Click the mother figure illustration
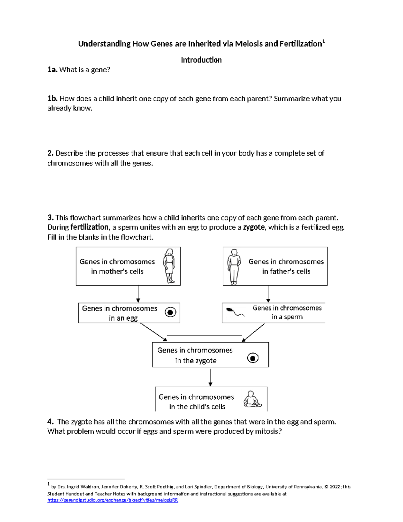tap(169, 266)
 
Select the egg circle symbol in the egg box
tap(171, 312)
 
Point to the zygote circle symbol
tap(253, 358)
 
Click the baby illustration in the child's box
tap(252, 399)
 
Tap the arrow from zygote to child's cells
tap(210, 377)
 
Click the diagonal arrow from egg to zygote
tap(153, 332)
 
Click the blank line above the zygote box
tap(204, 335)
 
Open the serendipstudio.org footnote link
tap(113, 500)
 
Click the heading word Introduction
tap(201, 60)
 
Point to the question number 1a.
tap(52, 70)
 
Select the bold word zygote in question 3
tap(254, 227)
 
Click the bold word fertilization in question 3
tap(89, 227)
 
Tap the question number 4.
tap(50, 421)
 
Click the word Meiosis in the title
tap(249, 44)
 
